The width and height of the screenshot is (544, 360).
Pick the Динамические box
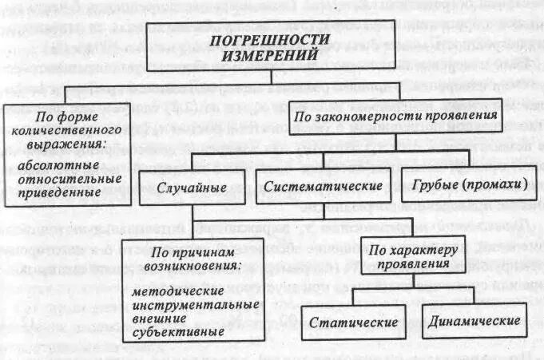pos(474,322)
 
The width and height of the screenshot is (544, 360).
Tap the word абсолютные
pos(54,165)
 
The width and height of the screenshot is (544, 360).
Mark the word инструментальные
pos(195,305)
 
